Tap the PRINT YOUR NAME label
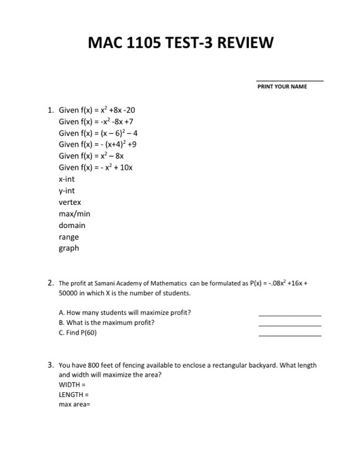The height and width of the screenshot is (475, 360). coord(282,87)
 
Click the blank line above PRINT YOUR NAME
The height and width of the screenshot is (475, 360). coord(289,81)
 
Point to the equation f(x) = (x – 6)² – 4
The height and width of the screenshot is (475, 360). coord(98,133)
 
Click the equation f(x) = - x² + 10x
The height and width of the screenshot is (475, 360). coord(96,168)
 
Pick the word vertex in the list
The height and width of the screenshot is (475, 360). coord(69,202)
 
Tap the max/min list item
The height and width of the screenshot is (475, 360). coord(74,214)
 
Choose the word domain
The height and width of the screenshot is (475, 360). coord(72,225)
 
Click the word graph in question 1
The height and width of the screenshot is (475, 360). coord(68,248)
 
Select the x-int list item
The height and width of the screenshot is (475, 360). coord(66,179)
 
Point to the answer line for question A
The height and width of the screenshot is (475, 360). coord(289,316)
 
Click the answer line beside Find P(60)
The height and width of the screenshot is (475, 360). coord(289,337)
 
